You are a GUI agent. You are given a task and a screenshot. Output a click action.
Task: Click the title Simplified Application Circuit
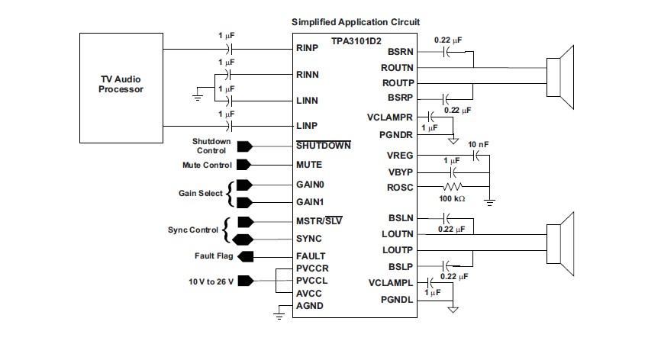coord(356,22)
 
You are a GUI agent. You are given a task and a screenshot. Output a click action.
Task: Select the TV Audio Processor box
coord(121,87)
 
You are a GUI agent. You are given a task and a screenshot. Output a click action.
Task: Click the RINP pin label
coord(307,49)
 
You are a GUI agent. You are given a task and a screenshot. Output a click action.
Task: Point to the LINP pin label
coord(307,125)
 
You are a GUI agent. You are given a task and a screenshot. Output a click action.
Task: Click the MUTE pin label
coord(308,165)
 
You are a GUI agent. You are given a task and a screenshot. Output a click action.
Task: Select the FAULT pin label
coord(311,256)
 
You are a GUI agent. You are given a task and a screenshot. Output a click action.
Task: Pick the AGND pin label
coord(310,306)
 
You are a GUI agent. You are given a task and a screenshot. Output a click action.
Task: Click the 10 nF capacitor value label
coord(479,144)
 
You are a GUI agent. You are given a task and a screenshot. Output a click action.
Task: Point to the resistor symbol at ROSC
coord(453,186)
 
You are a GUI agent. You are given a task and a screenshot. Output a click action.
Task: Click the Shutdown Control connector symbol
coord(245,146)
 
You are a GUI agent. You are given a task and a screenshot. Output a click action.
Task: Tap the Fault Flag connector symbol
coord(245,256)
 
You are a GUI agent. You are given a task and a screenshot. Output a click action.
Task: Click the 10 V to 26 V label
coord(211,281)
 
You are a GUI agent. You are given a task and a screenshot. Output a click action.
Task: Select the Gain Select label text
coord(200,194)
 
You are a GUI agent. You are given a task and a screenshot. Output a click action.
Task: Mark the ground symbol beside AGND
coord(279,313)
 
